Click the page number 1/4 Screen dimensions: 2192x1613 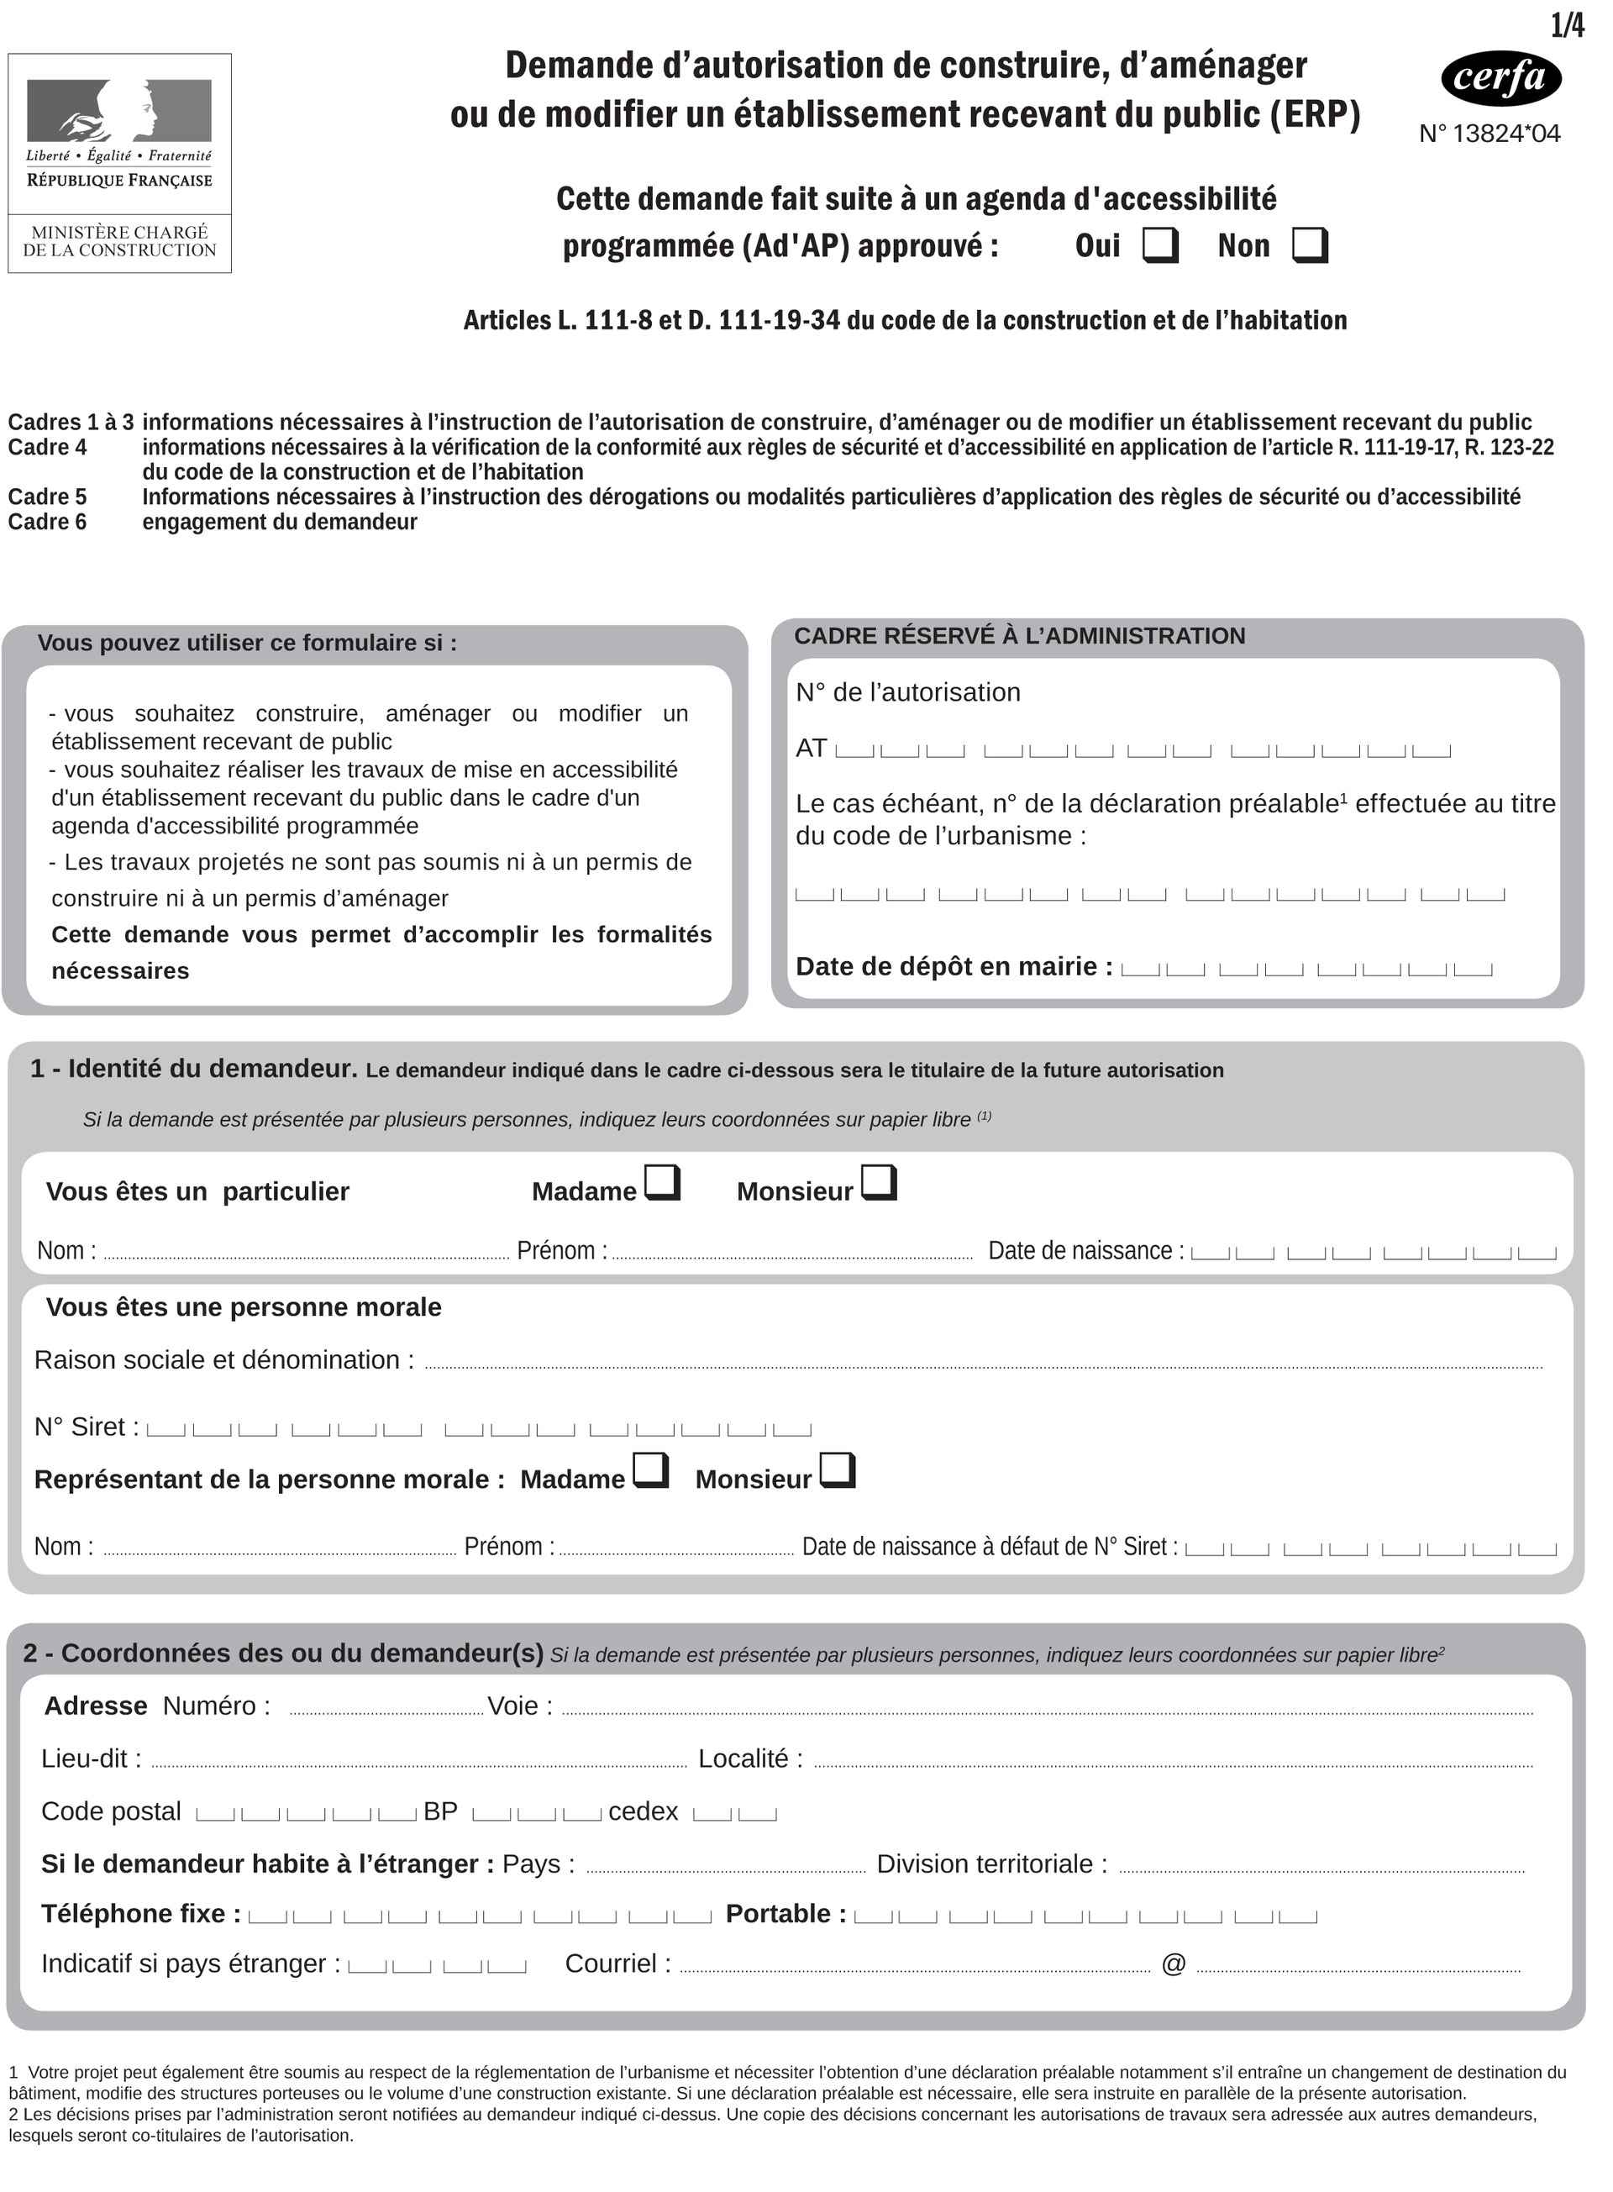pyautogui.click(x=1566, y=26)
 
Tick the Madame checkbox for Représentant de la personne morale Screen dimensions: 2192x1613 pyautogui.click(x=650, y=1470)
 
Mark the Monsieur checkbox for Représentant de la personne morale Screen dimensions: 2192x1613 pyautogui.click(x=837, y=1470)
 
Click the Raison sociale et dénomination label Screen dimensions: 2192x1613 pyautogui.click(x=223, y=1360)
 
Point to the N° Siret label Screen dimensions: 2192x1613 pyautogui.click(x=86, y=1427)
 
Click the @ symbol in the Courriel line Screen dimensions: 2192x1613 pyautogui.click(x=1173, y=1963)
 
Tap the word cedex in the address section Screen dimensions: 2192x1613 pyautogui.click(x=643, y=1811)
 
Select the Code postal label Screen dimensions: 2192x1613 pyautogui.click(x=111, y=1811)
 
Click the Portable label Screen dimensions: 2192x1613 pyautogui.click(x=785, y=1914)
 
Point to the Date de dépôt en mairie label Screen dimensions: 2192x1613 pyautogui.click(x=953, y=967)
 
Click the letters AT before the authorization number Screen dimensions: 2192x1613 pyautogui.click(x=811, y=749)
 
